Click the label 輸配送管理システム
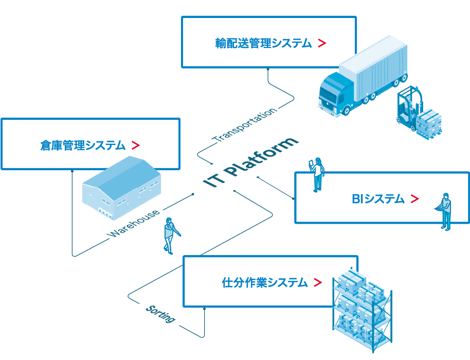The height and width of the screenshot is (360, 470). [x=263, y=44]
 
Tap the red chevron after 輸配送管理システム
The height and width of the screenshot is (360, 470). [x=322, y=44]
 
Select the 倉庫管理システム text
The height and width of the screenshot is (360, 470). [x=83, y=146]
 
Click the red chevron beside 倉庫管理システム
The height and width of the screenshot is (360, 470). [x=135, y=146]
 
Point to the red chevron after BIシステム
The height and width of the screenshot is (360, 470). [x=414, y=199]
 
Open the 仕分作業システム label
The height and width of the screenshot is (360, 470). [x=264, y=282]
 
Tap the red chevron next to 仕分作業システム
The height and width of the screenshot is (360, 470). [x=317, y=282]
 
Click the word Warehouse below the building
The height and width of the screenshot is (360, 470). [x=135, y=224]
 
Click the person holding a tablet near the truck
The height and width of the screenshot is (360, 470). [x=317, y=175]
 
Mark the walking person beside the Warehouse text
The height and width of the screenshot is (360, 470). [x=169, y=235]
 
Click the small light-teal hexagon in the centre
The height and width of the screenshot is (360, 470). [x=195, y=166]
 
